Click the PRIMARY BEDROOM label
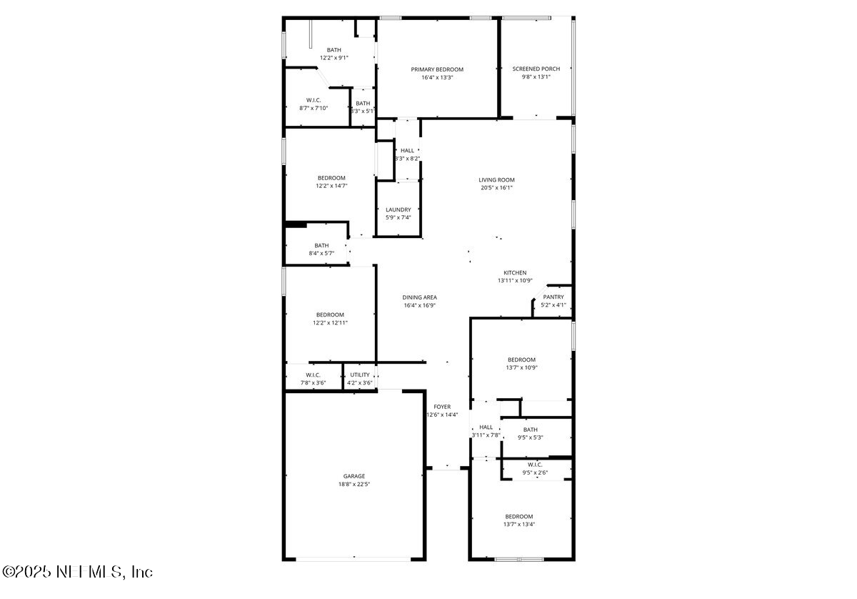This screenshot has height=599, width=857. click(437, 69)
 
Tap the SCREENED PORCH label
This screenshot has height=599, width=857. click(536, 69)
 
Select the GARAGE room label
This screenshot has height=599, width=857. click(354, 476)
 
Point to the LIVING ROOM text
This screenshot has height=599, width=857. click(496, 180)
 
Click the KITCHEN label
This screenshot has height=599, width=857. click(515, 273)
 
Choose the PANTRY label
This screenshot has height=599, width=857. click(553, 297)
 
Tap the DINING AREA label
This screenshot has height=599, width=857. click(419, 297)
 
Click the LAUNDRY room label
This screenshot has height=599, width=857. click(399, 210)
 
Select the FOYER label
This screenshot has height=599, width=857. click(442, 407)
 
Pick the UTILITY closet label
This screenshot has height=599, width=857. click(360, 375)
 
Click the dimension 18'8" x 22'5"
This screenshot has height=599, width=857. click(354, 484)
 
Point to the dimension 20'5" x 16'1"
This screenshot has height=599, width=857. click(496, 188)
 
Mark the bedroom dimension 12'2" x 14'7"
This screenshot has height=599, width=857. click(331, 186)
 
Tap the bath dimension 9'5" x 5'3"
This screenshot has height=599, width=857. click(530, 437)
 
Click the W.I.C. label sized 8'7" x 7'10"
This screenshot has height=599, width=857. click(314, 100)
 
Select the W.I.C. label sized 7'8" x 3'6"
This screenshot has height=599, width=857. click(313, 375)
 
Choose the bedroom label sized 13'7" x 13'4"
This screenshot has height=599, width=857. click(519, 516)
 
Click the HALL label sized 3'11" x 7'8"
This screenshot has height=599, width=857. click(486, 427)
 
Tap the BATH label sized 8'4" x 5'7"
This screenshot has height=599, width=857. click(321, 245)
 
